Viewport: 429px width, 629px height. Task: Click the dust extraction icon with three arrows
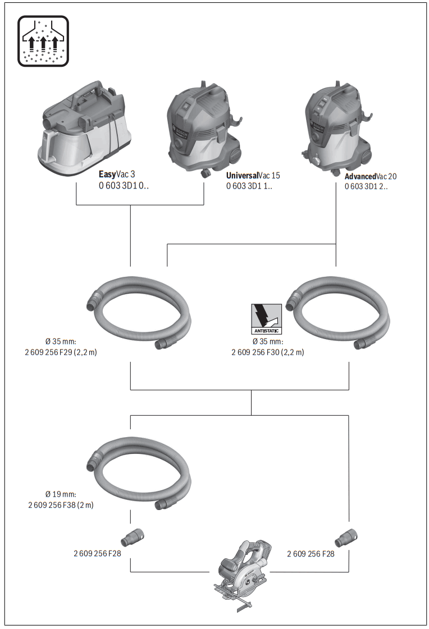[43, 41]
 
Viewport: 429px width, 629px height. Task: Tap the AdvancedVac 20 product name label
[371, 176]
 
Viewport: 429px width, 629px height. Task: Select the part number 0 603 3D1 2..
[366, 187]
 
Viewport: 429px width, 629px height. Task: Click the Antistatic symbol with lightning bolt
[266, 319]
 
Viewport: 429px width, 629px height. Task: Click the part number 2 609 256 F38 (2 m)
[61, 504]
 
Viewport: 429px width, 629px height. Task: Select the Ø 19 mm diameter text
[61, 494]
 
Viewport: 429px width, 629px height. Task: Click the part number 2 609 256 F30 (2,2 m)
[268, 352]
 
